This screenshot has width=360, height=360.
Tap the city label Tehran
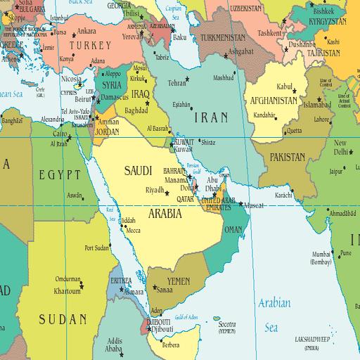tap(176, 82)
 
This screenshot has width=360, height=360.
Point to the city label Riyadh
tap(154, 190)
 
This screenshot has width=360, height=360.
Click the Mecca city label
tap(133, 229)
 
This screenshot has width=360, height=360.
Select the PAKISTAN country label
tap(285, 157)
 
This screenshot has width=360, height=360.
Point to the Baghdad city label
tap(135, 110)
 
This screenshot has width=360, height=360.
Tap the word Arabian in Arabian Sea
tap(273, 303)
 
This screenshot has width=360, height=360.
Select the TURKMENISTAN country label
tap(222, 37)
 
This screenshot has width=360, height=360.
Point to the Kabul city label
tap(283, 86)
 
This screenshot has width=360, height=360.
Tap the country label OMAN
tap(233, 229)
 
